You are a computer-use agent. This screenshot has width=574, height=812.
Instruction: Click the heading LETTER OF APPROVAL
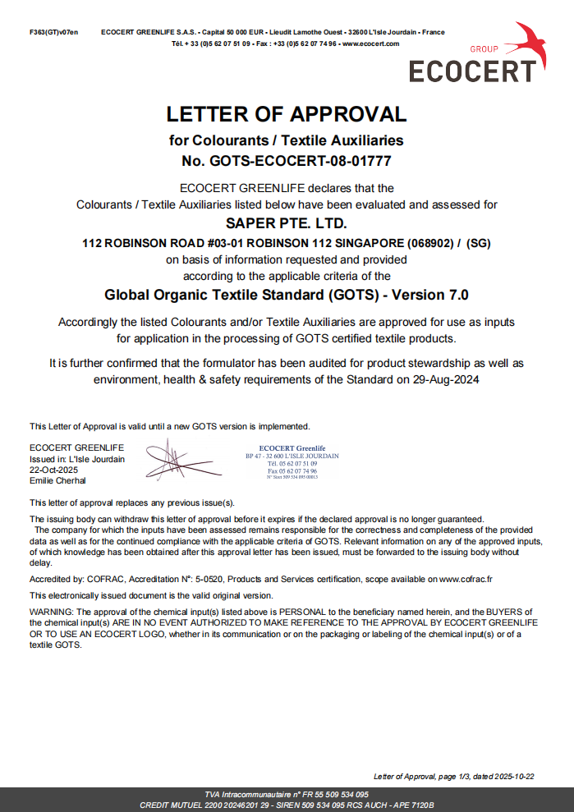coord(287,114)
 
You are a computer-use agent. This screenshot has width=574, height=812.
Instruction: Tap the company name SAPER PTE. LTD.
coord(286,222)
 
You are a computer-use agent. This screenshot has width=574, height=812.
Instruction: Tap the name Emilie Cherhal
coord(57,480)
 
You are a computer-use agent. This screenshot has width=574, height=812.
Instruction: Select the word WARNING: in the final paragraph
coord(52,612)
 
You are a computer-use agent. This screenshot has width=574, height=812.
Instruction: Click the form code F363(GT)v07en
coord(53,32)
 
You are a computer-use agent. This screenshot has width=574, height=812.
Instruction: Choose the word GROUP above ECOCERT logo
coord(484,49)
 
